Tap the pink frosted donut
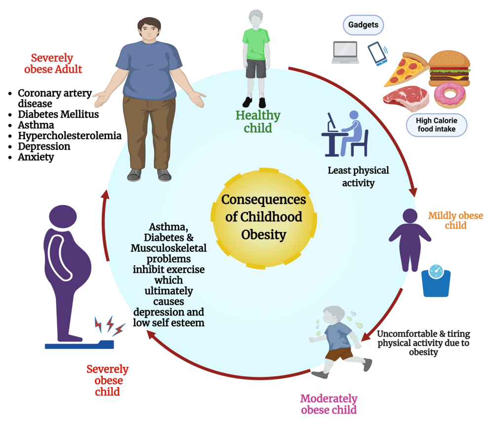point(450,95)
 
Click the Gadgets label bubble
point(364,25)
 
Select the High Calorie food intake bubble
point(436,125)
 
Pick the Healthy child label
point(257,122)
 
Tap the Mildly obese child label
point(455,221)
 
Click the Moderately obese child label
point(328,404)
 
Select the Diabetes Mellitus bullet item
point(58,114)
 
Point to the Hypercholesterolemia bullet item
point(69,135)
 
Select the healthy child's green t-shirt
point(256,43)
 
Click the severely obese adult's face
point(148,31)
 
